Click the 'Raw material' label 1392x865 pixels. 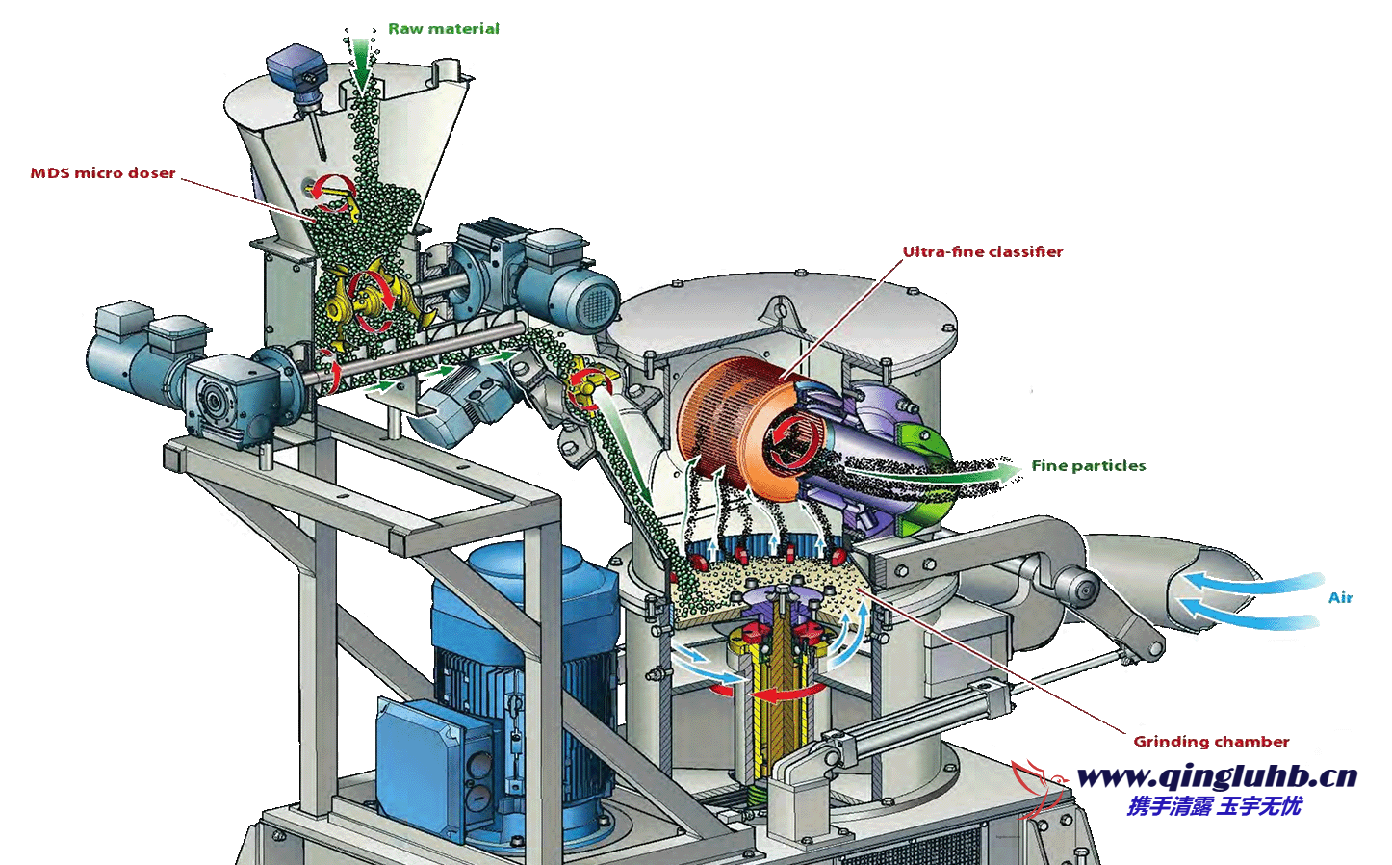click(444, 29)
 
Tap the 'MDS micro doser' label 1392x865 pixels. click(103, 172)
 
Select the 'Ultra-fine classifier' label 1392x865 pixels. click(983, 251)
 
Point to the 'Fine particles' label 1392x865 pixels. click(1089, 466)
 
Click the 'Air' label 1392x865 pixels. click(1340, 597)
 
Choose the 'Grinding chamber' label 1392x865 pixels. click(1211, 742)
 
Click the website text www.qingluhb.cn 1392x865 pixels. click(1217, 777)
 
